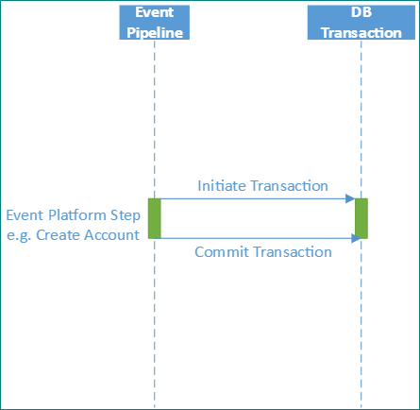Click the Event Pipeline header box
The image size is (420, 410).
(x=154, y=22)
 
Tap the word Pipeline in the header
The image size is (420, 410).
(x=154, y=31)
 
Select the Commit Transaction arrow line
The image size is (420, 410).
(x=255, y=238)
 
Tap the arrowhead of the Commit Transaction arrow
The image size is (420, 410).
(x=356, y=238)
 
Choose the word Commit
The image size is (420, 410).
(x=223, y=252)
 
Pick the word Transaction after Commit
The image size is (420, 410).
(x=292, y=252)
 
